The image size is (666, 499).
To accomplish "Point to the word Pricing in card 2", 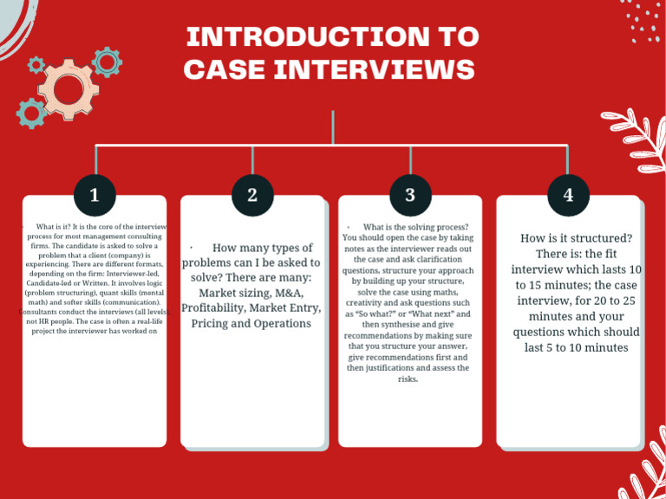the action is (212, 323).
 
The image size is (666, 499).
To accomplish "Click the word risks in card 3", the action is (408, 379).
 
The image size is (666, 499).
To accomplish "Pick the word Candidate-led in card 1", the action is (51, 283).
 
